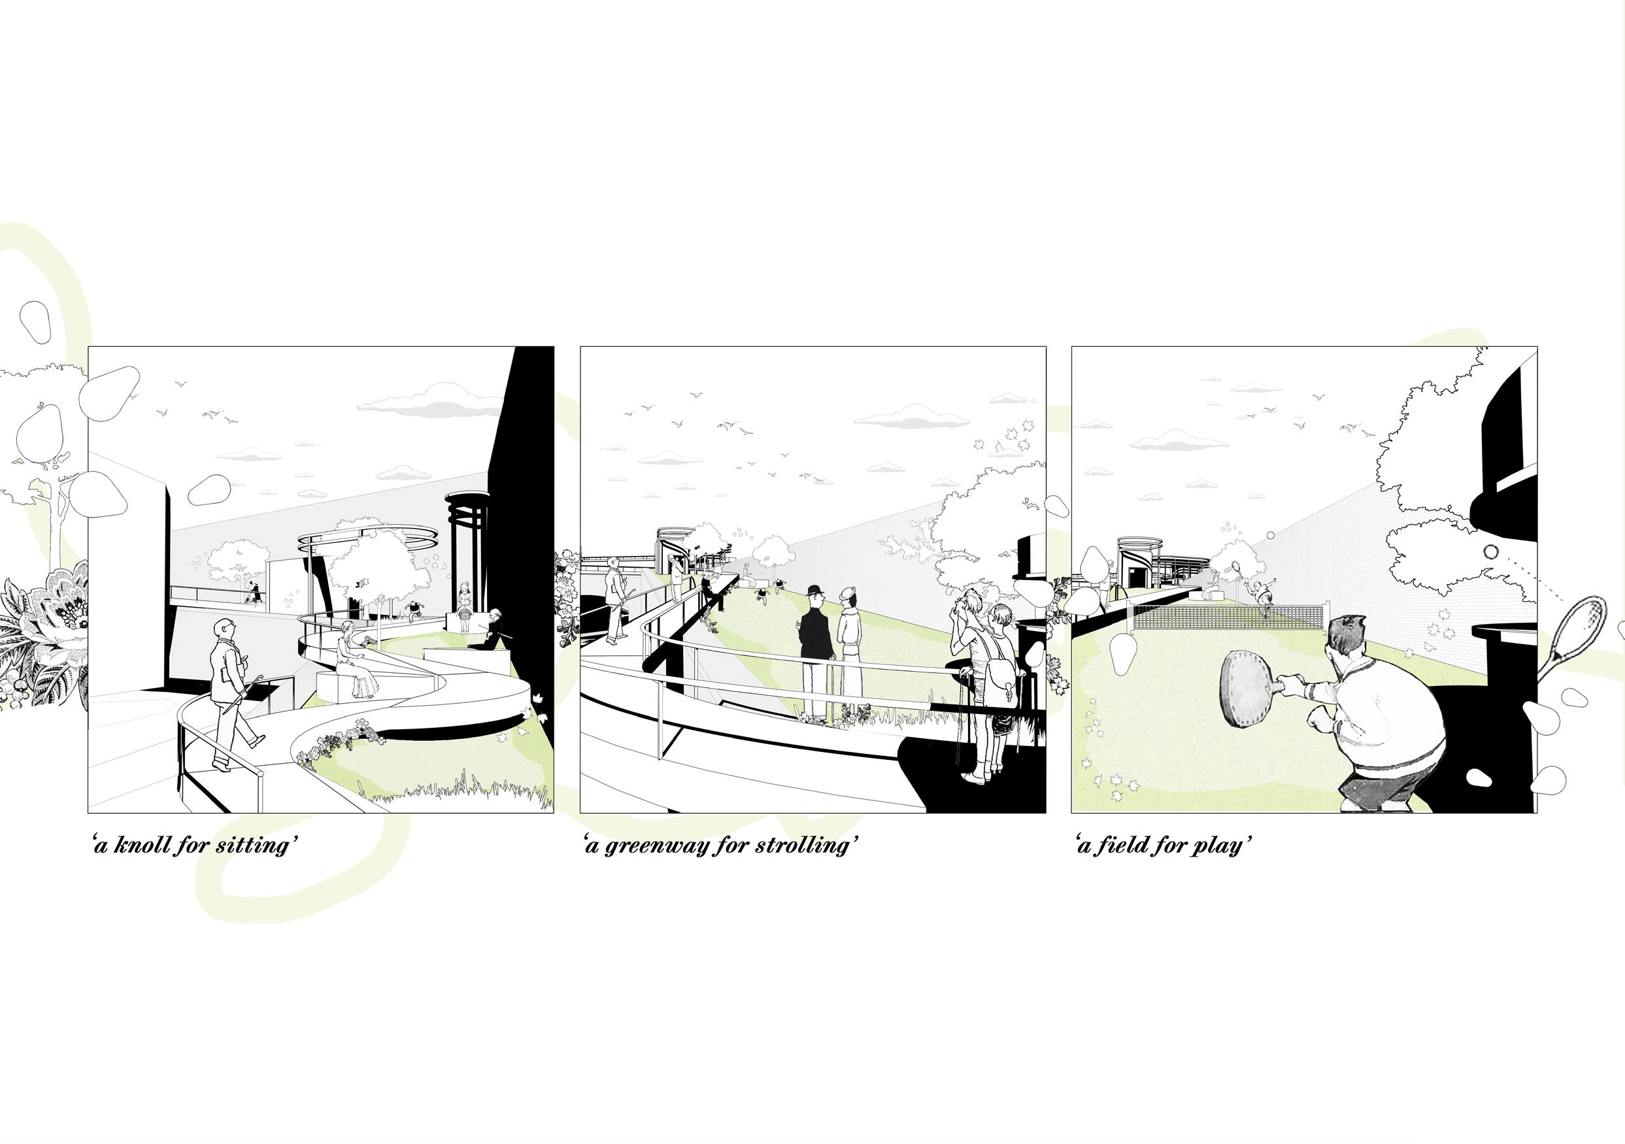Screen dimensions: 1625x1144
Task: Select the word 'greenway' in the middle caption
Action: coord(653,846)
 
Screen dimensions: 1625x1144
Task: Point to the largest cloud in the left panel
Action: coord(425,402)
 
